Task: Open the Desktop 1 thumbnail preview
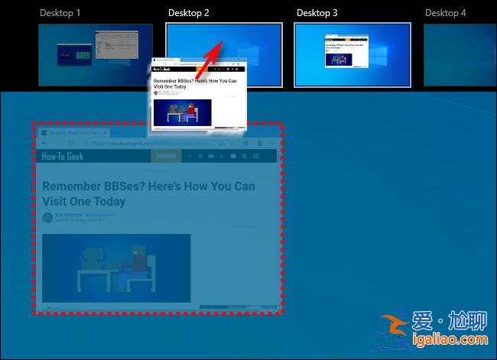[x=95, y=54]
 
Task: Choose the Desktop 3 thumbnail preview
[x=352, y=54]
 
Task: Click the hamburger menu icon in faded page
[x=256, y=156]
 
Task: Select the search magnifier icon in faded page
[x=244, y=156]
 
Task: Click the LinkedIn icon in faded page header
[x=211, y=156]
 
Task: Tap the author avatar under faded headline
[x=47, y=218]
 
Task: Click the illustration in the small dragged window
[x=182, y=112]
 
